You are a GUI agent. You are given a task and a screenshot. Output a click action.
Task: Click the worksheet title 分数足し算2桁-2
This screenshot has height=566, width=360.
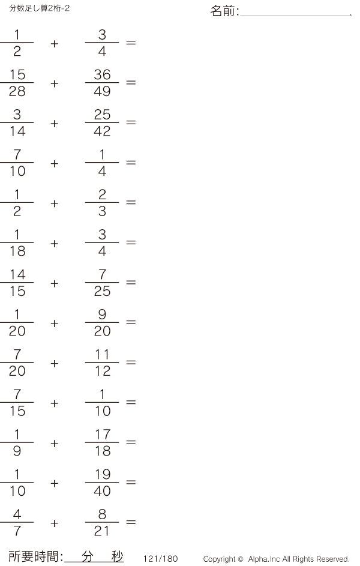click(40, 8)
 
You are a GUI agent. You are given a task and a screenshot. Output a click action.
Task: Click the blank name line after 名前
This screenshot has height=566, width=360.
click(296, 16)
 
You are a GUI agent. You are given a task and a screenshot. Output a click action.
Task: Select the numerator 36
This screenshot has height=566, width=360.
click(102, 74)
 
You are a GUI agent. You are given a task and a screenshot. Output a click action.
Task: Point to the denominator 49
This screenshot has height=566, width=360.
click(102, 91)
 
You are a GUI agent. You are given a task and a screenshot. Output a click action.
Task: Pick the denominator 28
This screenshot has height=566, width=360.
click(17, 91)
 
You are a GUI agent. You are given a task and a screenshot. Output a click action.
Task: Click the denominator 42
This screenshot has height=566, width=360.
click(102, 131)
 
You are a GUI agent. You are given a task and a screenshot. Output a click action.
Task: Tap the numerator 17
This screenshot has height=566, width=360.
click(102, 434)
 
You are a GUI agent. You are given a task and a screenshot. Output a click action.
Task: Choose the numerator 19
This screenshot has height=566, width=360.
click(102, 474)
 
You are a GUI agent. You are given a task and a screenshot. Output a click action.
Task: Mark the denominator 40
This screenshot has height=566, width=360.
click(102, 491)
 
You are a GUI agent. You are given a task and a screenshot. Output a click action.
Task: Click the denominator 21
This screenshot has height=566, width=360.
click(101, 531)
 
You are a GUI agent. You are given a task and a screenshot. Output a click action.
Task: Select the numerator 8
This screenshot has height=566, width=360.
click(102, 514)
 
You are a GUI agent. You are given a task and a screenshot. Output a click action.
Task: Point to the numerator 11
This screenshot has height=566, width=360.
click(102, 355)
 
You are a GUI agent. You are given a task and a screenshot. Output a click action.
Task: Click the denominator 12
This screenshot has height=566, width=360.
click(103, 371)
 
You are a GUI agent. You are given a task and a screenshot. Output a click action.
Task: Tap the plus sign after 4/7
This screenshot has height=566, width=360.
click(55, 523)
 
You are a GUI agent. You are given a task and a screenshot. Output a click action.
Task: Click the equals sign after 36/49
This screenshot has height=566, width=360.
click(131, 83)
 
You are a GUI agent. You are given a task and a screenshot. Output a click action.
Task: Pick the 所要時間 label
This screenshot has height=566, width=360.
click(34, 556)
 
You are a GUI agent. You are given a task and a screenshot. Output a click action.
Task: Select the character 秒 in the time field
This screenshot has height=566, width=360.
click(118, 556)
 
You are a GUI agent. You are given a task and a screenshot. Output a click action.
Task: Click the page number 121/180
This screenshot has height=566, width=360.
click(161, 559)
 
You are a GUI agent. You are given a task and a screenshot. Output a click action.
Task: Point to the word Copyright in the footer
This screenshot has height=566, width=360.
click(220, 559)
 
